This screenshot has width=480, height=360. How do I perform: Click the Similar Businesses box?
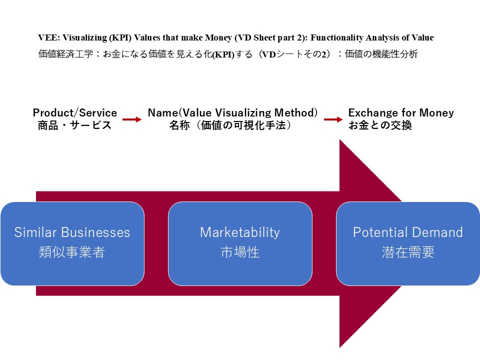[x=72, y=243]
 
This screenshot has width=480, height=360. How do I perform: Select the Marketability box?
[x=240, y=243]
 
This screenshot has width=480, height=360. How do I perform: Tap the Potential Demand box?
[x=407, y=243]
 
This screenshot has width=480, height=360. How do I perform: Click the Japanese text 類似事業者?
[x=72, y=252]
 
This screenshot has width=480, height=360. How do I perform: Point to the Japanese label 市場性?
[x=240, y=252]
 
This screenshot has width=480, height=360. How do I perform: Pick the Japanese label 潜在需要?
[x=407, y=252]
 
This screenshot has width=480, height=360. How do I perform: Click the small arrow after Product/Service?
[x=132, y=119]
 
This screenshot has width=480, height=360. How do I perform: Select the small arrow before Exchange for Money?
[x=333, y=119]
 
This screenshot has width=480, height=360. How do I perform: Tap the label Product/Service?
[x=75, y=113]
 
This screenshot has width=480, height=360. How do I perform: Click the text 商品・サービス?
[x=75, y=125]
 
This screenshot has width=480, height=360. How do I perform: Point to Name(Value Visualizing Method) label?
[x=232, y=113]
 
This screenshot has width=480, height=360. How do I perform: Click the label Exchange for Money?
[x=401, y=113]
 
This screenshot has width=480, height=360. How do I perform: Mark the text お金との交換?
[x=380, y=125]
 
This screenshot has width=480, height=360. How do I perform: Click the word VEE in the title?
[x=46, y=38]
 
